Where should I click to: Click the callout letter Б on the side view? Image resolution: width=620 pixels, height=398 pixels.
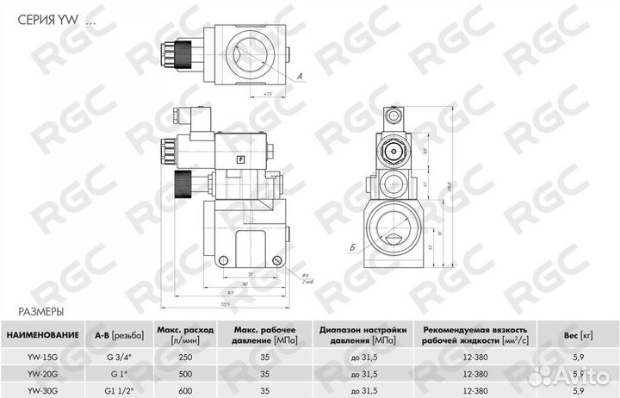pos(354,247)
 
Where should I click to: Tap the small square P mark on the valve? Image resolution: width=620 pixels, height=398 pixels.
pos(240,159)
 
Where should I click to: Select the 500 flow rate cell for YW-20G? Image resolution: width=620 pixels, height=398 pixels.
pos(183,374)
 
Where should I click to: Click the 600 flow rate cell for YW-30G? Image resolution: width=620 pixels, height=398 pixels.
pos(183,389)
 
